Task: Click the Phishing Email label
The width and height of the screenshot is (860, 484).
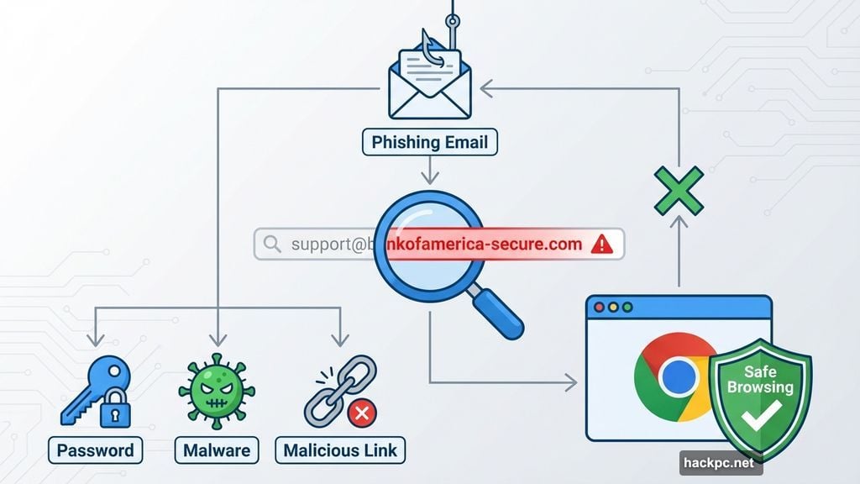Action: [429, 141]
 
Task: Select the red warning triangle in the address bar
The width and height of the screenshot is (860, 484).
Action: [602, 245]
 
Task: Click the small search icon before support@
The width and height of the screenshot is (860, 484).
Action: [272, 245]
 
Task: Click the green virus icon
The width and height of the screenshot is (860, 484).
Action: [216, 392]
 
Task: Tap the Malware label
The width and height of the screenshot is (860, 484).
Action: [217, 450]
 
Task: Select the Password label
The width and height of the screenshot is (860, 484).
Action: [95, 450]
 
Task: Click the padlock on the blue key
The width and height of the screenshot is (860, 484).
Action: [116, 412]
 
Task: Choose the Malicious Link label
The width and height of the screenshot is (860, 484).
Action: [339, 450]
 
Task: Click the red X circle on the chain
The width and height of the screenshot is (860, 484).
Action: [361, 413]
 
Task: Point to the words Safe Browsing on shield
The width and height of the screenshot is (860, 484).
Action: [759, 379]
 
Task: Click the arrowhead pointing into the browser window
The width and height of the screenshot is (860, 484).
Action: [572, 383]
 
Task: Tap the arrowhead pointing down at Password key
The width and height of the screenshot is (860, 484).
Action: [95, 340]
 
